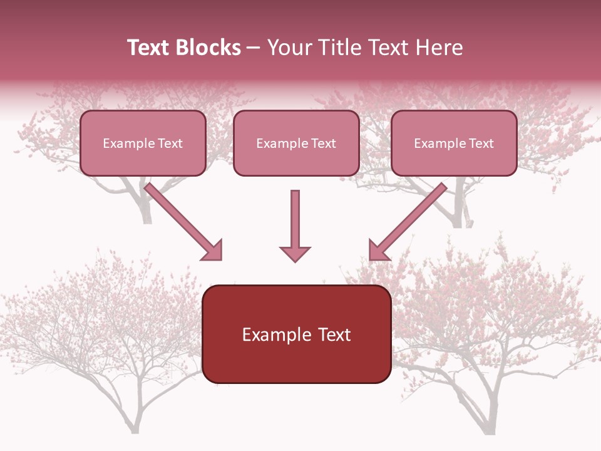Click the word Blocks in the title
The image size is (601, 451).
pos(210,48)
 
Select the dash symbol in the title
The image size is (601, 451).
pos(254,48)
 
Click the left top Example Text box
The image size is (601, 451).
pos(143,143)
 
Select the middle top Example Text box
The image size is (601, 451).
pos(296,143)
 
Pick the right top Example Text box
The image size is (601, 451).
pos(454,143)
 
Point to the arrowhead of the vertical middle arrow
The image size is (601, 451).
pos(295,253)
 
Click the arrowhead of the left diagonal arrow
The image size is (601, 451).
pos(213,251)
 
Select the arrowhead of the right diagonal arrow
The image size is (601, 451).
pos(378,250)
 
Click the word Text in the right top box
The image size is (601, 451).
pos(481,143)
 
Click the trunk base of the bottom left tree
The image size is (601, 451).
pos(135,426)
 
